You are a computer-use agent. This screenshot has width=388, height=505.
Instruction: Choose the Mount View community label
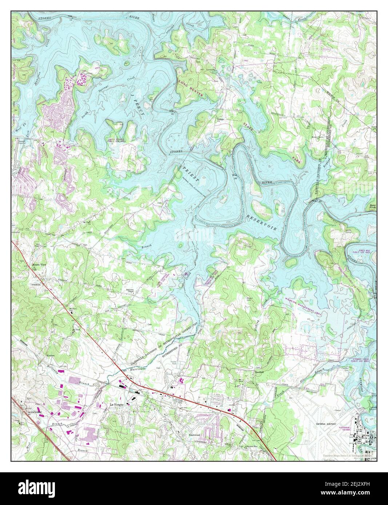coord(38,265)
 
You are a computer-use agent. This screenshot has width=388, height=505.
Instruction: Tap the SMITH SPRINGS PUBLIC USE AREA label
coord(117,141)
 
